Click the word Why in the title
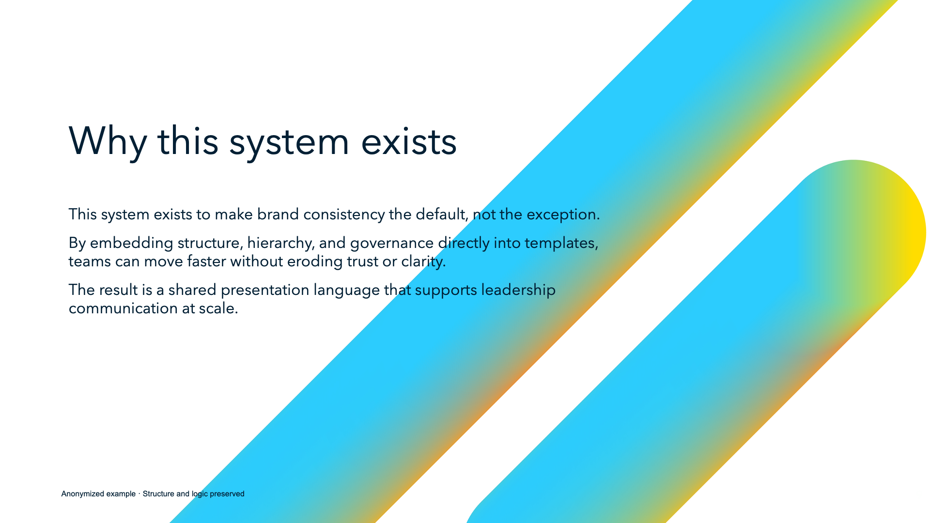(x=108, y=141)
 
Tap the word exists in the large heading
(x=409, y=141)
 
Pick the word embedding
(x=131, y=243)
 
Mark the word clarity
(x=423, y=261)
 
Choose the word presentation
(x=264, y=290)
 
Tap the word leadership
(x=518, y=290)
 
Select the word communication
(x=123, y=308)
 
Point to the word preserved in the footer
(x=227, y=494)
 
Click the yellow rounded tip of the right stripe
(x=911, y=232)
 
